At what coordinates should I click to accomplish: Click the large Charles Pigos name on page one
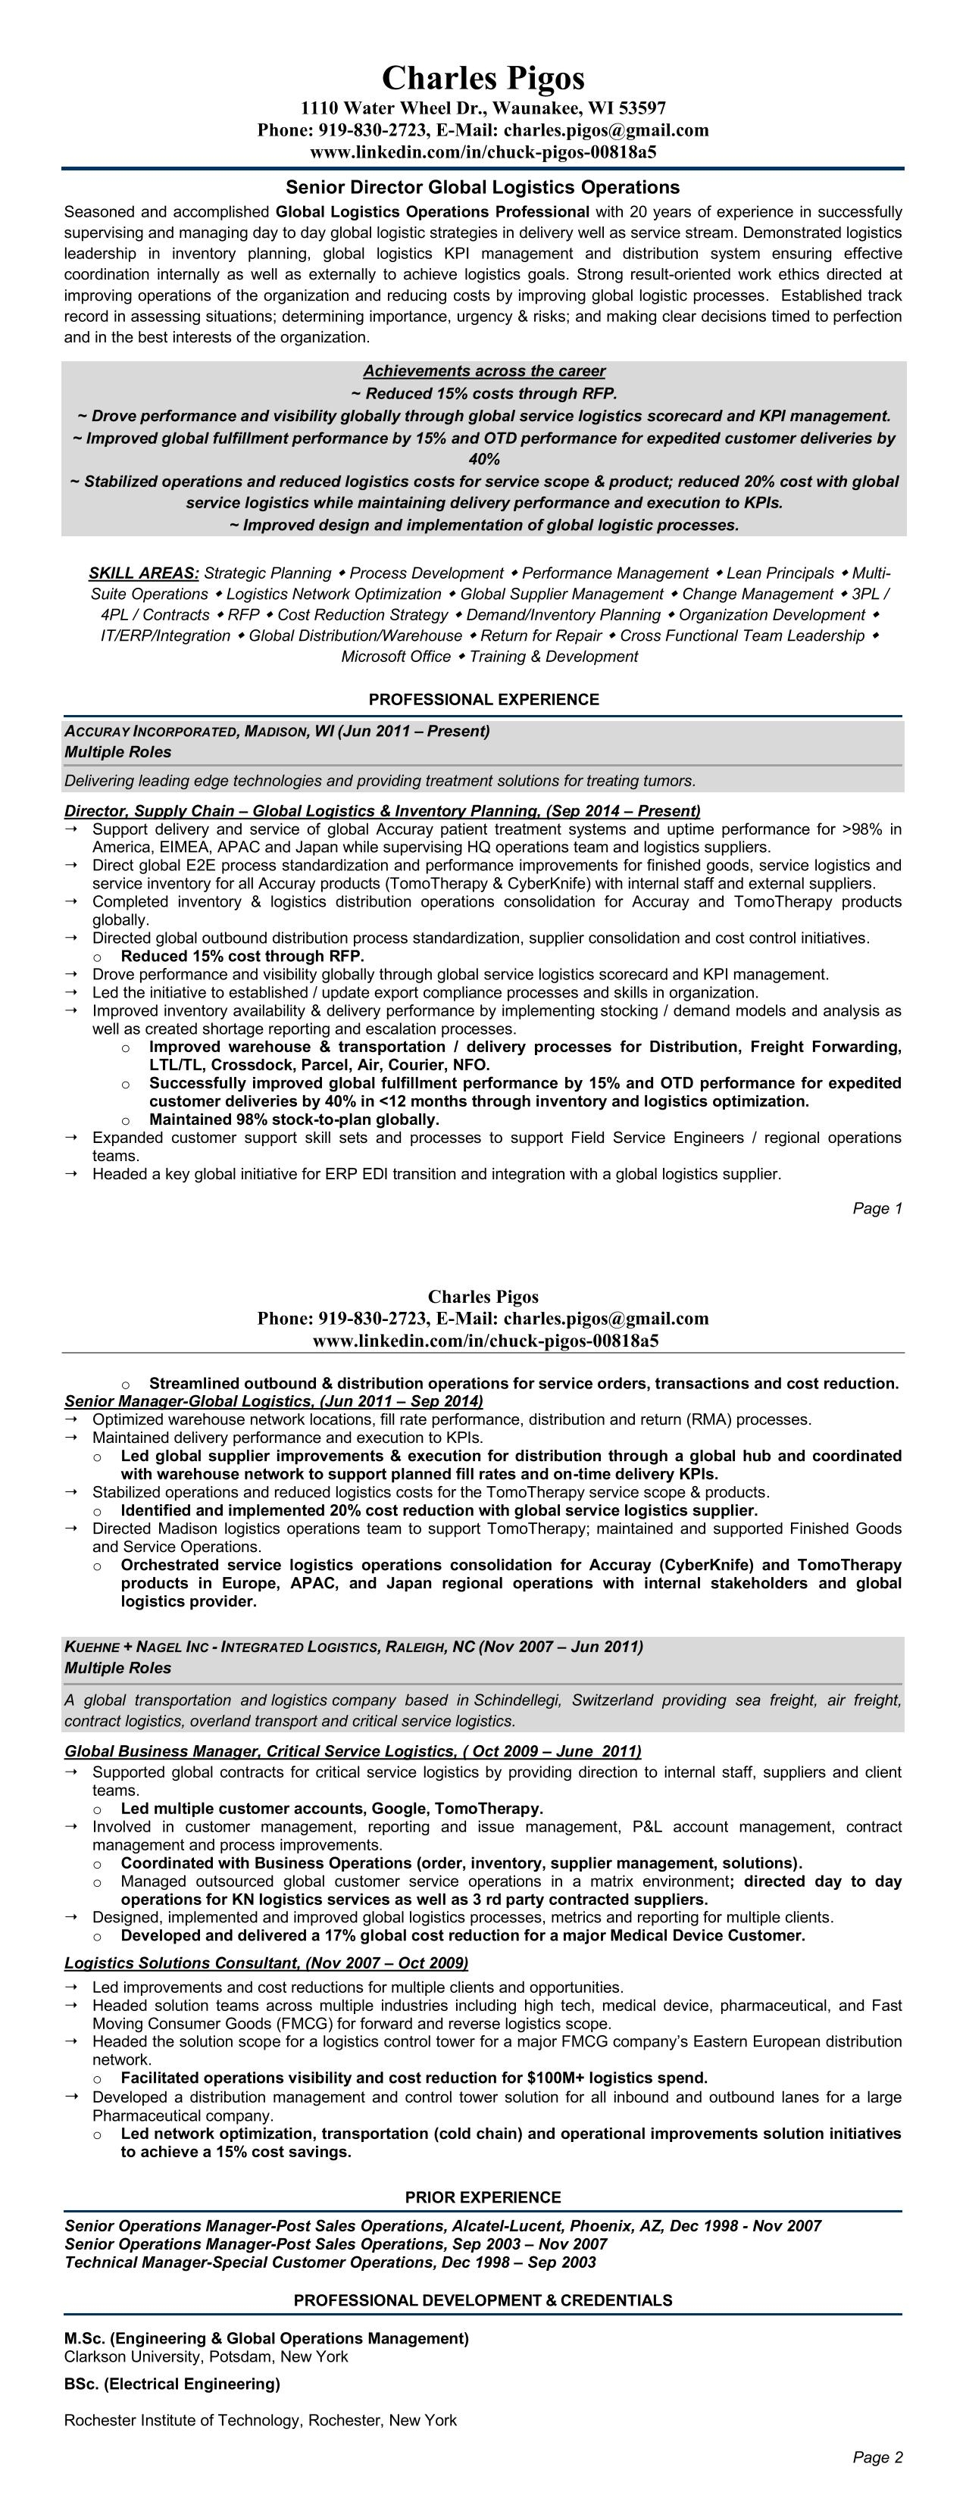[x=483, y=77]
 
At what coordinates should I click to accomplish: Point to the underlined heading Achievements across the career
[x=484, y=370]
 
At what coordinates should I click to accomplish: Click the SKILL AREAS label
[x=143, y=573]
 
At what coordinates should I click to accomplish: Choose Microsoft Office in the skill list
[x=395, y=657]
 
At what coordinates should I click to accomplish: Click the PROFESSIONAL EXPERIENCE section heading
[x=483, y=699]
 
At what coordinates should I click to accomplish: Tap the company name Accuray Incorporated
[x=149, y=731]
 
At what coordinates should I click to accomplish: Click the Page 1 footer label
[x=877, y=1208]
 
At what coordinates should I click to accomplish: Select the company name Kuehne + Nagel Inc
[x=135, y=1647]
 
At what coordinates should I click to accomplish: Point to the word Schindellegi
[x=517, y=1700]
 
